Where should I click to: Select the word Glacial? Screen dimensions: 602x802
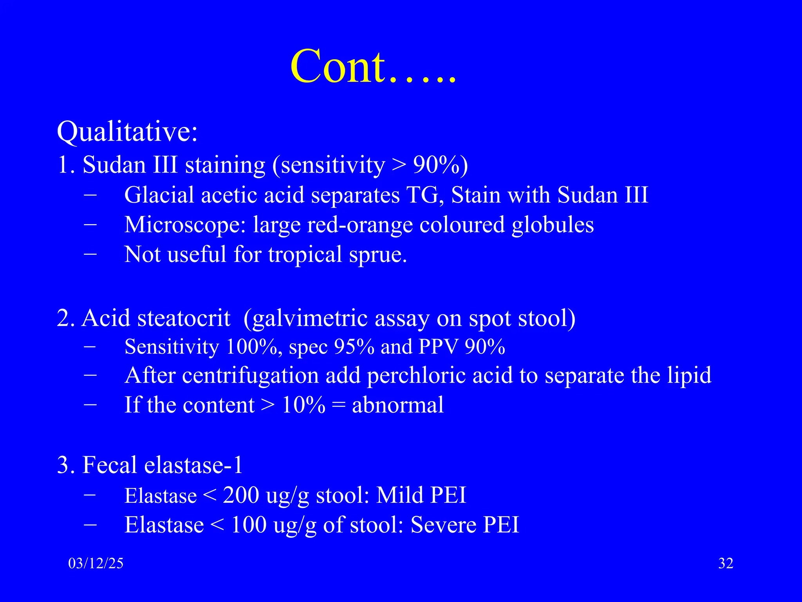tap(159, 195)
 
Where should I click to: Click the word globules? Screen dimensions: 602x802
tap(553, 225)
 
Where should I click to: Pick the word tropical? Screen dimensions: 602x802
tap(305, 255)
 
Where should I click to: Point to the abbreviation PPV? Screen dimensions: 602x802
tap(438, 347)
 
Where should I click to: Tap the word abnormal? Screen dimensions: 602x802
tap(398, 405)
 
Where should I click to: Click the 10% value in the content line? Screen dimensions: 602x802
tap(303, 405)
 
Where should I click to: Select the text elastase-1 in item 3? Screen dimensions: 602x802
tap(193, 465)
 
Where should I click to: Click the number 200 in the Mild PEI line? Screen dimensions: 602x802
tap(241, 495)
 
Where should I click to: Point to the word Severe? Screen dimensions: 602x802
tap(443, 525)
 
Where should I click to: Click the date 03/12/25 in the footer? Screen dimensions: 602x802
tap(96, 564)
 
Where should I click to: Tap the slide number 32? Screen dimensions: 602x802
tap(726, 564)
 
